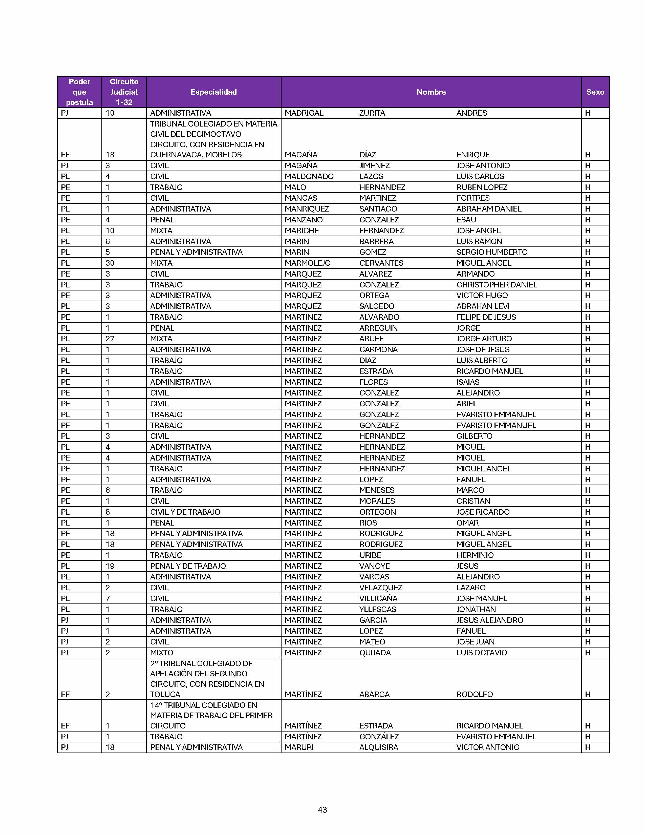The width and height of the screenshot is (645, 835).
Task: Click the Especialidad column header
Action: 213,92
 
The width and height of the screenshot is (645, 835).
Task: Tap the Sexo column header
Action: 595,92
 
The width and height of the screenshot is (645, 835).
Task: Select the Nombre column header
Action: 431,92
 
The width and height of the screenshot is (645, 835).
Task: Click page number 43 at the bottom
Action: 322,809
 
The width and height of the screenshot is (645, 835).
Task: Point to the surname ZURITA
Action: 372,113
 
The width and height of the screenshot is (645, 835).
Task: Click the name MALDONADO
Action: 309,176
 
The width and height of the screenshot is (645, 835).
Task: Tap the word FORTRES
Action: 473,198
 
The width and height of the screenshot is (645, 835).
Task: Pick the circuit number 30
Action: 110,263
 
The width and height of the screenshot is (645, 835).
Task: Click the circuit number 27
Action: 110,338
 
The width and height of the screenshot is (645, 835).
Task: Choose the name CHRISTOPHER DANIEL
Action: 496,284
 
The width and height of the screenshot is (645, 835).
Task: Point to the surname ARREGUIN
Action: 378,328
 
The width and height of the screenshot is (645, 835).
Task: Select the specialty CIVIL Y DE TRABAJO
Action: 185,512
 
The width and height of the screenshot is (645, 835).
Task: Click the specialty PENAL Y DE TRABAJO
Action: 188,566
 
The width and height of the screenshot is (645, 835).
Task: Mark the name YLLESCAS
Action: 378,609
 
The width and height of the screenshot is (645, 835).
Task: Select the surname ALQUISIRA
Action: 378,747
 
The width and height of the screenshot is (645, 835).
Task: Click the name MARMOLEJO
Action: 307,263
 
